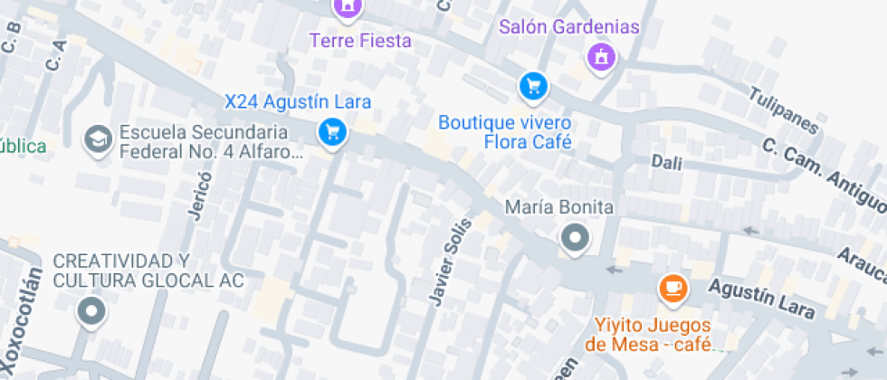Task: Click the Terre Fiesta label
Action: [x=360, y=41]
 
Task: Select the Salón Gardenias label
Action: [x=569, y=27]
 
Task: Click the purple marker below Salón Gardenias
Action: [x=600, y=59]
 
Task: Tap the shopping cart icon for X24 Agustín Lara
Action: [x=333, y=133]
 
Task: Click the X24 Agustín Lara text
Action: [x=298, y=101]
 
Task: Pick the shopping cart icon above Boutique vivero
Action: [x=533, y=87]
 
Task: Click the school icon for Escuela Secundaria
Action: [x=95, y=138]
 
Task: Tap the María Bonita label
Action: [x=559, y=207]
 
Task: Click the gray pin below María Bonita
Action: [x=574, y=240]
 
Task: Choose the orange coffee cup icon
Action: [x=672, y=288]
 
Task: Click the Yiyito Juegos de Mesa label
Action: [x=653, y=334]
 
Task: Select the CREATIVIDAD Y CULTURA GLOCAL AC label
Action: [x=148, y=270]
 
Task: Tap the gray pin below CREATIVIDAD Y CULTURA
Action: [x=91, y=312]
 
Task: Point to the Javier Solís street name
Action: [x=450, y=261]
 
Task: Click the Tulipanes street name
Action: [x=784, y=110]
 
